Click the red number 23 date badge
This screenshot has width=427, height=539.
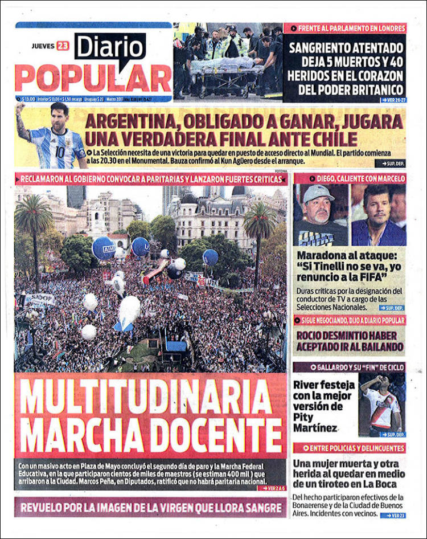(62, 46)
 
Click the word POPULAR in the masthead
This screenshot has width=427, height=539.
(93, 79)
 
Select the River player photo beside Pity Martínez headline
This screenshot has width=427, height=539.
(381, 405)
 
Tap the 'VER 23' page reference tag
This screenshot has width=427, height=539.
(392, 516)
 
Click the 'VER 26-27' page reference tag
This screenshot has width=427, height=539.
(393, 100)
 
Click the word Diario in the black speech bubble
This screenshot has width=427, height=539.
(110, 48)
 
